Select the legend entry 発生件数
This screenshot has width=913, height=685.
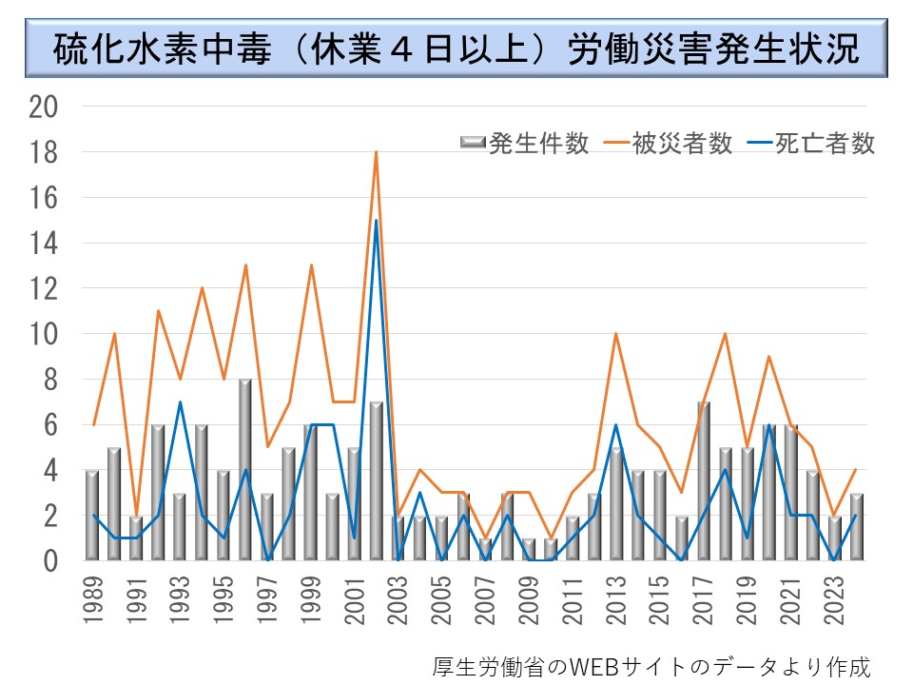pyautogui.click(x=526, y=144)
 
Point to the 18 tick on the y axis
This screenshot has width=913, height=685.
pyautogui.click(x=45, y=152)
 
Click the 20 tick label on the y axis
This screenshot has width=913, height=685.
pyautogui.click(x=45, y=107)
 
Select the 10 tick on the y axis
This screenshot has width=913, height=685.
pyautogui.click(x=45, y=334)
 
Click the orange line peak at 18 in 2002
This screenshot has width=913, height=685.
pyautogui.click(x=376, y=152)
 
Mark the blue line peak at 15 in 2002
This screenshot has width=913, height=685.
pyautogui.click(x=376, y=221)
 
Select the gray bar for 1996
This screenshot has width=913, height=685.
pyautogui.click(x=245, y=471)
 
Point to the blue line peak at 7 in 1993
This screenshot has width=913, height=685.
pyautogui.click(x=179, y=402)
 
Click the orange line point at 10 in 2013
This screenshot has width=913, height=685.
pyautogui.click(x=616, y=334)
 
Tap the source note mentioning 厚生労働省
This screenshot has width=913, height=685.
pyautogui.click(x=651, y=665)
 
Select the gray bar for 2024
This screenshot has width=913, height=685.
pyautogui.click(x=856, y=527)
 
